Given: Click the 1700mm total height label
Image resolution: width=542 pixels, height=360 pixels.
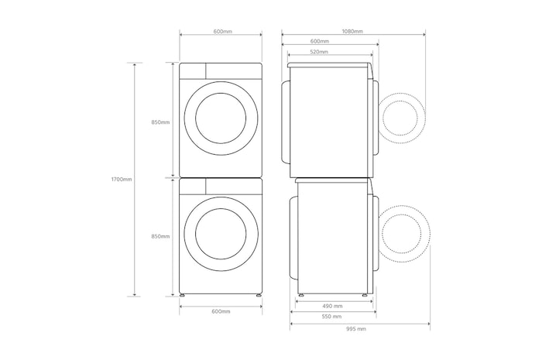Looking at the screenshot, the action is [122, 180].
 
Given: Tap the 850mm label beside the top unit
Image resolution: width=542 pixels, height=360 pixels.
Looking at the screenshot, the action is [160, 122].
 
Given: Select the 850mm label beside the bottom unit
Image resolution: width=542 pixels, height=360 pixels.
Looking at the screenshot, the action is [160, 237].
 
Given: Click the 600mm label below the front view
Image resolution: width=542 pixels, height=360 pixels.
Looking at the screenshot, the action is [221, 312].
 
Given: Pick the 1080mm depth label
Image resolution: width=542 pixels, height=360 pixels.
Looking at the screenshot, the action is [352, 32].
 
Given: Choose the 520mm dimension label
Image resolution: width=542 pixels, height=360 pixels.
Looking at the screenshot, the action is [319, 52].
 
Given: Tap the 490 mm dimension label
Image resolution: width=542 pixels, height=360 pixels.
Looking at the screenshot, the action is [332, 306].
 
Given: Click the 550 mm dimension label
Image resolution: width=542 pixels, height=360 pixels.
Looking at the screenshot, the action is [331, 317].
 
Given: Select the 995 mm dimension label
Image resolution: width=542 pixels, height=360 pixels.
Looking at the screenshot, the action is [355, 329].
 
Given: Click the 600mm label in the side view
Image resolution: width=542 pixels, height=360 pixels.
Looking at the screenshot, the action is [320, 42].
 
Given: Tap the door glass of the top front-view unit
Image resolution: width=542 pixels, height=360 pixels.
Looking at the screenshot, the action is [221, 118].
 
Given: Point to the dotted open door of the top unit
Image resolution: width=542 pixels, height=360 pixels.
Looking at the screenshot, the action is [401, 118].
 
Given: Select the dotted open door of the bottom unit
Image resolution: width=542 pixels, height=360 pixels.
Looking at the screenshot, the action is [405, 234].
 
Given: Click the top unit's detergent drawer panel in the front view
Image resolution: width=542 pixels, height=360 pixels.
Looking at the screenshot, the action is [193, 70].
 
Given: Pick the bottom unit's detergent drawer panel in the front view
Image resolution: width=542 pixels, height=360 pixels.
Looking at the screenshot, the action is [193, 187].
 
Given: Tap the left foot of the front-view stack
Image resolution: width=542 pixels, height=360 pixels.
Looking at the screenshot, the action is [182, 296].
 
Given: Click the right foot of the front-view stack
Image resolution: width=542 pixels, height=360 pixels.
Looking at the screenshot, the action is [259, 296].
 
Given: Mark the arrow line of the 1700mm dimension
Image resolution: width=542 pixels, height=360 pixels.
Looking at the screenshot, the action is [135, 180].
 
